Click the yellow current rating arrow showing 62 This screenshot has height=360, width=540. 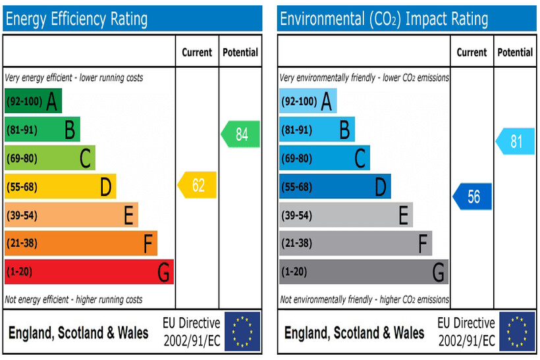click(198, 186)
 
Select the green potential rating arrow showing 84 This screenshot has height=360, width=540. click(240, 134)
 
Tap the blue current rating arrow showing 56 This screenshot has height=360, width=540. click(473, 197)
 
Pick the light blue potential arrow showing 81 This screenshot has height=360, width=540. click(515, 141)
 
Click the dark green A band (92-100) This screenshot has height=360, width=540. click(33, 101)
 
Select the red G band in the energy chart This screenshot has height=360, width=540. click(89, 272)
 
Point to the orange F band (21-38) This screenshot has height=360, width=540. click(80, 244)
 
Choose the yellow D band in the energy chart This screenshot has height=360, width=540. click(60, 187)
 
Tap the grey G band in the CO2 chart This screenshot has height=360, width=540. click(364, 272)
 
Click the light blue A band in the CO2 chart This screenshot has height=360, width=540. click(308, 101)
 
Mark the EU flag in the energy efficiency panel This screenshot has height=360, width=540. click(242, 332)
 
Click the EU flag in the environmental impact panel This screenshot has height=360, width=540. click(517, 332)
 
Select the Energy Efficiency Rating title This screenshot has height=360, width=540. click(76, 19)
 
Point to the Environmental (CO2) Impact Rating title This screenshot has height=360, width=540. click(384, 19)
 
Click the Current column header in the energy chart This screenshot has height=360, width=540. click(197, 52)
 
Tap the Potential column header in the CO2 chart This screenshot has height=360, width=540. click(515, 52)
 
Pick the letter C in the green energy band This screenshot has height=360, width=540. click(85, 159)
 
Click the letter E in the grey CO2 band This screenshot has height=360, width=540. click(403, 215)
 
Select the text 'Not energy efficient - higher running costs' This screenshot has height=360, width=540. click(73, 299)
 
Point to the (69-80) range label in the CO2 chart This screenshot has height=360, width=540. click(297, 159)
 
